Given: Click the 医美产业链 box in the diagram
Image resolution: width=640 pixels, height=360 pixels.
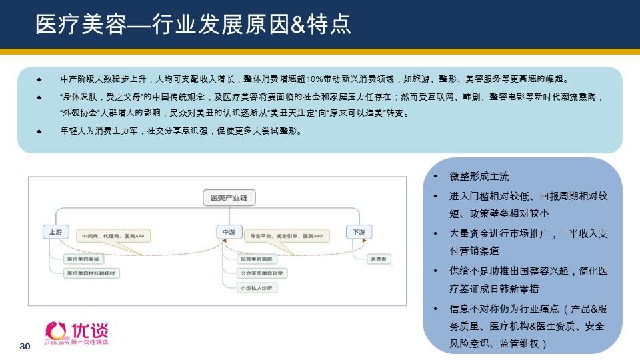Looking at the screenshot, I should coord(229,198).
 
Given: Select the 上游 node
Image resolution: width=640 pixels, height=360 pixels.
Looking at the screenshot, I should coord(56,232).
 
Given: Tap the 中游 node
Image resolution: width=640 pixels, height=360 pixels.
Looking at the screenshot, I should coord(229,232).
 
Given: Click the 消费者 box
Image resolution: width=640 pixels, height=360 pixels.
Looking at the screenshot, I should coord(378,259).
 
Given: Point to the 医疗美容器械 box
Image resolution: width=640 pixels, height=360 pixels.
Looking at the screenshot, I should coord(83,259).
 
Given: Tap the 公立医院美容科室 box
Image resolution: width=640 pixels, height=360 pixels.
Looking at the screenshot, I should coord(263,273).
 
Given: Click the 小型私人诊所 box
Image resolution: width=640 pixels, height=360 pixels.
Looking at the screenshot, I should coord(257,288).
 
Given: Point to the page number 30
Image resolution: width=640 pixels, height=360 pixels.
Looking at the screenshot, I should coord(26,347).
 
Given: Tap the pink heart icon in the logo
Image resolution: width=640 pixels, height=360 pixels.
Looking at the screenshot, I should coord(57,330).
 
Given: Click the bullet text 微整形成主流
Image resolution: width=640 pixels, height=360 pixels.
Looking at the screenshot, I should coord(479,177).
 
